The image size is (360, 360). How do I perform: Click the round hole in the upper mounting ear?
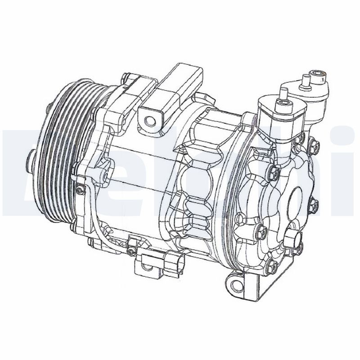(x=149, y=119)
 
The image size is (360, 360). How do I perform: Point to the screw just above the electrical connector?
(x=131, y=249)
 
